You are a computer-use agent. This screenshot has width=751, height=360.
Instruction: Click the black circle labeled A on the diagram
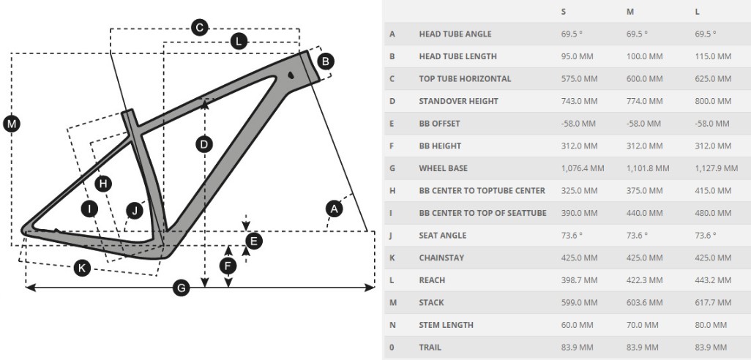click(x=334, y=209)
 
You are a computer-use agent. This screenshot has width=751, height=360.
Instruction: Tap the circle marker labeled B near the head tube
click(x=326, y=61)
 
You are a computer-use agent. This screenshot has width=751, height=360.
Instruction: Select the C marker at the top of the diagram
click(x=199, y=28)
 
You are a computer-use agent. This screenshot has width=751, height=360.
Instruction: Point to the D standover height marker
click(x=204, y=144)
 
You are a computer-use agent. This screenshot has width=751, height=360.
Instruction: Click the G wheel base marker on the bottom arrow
click(x=181, y=288)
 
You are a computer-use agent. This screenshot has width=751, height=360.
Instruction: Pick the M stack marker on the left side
click(x=11, y=124)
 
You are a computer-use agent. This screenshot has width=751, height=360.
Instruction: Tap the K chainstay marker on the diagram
click(x=82, y=268)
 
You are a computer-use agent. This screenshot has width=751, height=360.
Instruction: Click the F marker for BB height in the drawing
click(x=228, y=266)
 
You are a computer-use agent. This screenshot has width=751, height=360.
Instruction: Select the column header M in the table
click(x=629, y=12)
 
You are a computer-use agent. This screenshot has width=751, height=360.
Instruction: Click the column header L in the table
click(x=698, y=12)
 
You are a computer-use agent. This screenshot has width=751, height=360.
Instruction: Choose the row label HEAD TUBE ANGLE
click(x=455, y=34)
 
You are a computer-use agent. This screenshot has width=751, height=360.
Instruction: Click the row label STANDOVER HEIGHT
click(x=458, y=101)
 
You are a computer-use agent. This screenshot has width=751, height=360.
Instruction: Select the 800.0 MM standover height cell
click(x=713, y=101)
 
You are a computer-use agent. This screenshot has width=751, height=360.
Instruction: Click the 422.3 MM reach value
click(x=645, y=280)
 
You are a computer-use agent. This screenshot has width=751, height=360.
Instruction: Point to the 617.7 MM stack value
click(x=713, y=302)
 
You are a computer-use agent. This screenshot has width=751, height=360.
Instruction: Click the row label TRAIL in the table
click(x=430, y=347)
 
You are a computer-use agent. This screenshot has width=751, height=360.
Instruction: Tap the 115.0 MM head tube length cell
click(x=713, y=56)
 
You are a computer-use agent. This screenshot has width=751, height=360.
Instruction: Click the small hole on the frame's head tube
click(x=291, y=75)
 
